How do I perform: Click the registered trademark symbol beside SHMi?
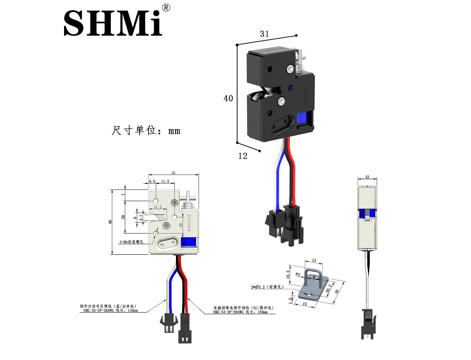166,8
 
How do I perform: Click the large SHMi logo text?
113,23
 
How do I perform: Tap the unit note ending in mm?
146,130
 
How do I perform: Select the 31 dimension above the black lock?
264,34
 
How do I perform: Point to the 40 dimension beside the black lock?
228,98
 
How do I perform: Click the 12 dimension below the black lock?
243,156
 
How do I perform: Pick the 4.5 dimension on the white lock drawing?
152,181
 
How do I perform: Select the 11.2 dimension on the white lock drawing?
158,207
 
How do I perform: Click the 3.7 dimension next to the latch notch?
141,217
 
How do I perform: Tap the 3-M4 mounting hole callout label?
131,242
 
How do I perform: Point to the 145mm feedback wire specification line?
110,310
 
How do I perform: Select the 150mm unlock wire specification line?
240,312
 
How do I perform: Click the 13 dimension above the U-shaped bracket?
314,261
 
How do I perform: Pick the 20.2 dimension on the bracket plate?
329,288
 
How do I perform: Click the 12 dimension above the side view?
367,177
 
